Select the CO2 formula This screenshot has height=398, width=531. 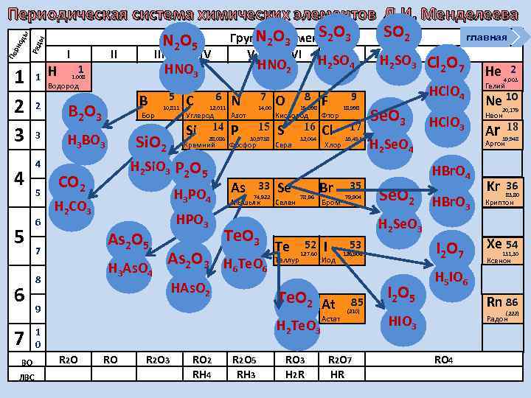click(73, 181)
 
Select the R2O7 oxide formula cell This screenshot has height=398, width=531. click(338, 360)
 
